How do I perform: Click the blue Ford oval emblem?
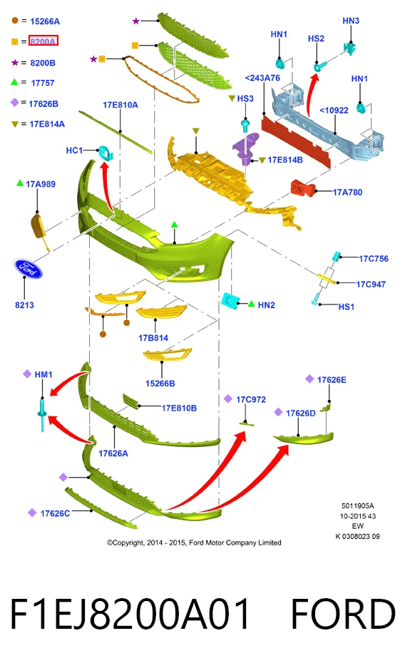point(28,268)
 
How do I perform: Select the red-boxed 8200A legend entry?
point(43,41)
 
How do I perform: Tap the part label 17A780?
point(347,192)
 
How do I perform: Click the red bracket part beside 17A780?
point(303,187)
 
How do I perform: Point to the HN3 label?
point(351,21)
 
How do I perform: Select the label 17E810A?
point(121,105)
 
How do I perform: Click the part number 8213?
point(24,305)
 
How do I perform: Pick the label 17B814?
point(153,338)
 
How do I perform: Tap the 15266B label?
point(160,384)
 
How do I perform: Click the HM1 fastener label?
point(43,374)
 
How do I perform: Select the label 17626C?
point(55,513)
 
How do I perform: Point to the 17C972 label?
point(251,400)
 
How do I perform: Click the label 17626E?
point(332,379)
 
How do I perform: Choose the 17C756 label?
point(374,259)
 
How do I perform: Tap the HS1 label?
point(347,307)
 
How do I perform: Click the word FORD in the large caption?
point(343,614)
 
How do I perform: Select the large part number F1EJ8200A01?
point(130,614)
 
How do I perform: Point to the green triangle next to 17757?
point(14,82)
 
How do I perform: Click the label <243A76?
point(263,78)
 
